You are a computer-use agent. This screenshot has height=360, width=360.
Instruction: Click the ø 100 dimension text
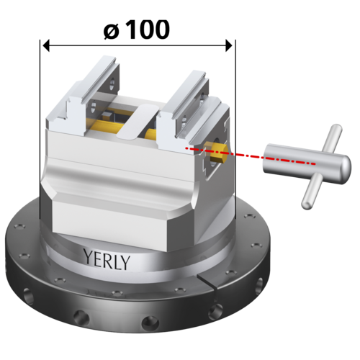[137, 30]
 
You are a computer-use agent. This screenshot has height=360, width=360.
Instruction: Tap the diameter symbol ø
[111, 32]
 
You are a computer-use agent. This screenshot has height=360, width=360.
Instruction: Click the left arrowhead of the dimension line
[46, 45]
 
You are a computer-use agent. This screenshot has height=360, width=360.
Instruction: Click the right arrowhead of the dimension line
[229, 45]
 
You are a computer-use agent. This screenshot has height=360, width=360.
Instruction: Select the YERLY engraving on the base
[107, 259]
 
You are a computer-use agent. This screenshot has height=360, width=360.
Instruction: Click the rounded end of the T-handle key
[346, 167]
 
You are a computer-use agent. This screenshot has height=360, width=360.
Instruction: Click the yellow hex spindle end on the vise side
[218, 153]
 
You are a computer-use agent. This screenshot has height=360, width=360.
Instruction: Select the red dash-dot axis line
[251, 156]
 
